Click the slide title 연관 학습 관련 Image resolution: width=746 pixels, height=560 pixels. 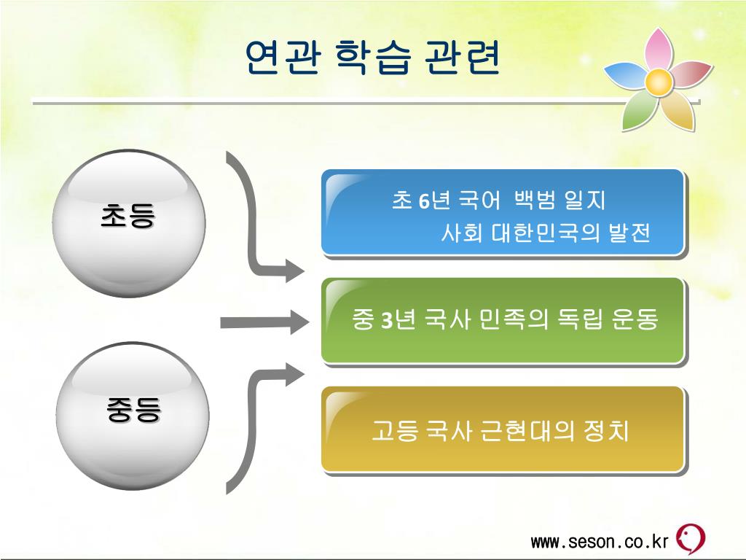pyautogui.click(x=372, y=58)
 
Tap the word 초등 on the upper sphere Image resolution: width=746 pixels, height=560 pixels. pyautogui.click(x=128, y=217)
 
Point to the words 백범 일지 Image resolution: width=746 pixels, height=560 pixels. pyautogui.click(x=559, y=200)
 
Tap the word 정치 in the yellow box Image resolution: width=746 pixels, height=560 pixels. pyautogui.click(x=607, y=430)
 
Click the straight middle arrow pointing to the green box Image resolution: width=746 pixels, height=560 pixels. pyautogui.click(x=262, y=321)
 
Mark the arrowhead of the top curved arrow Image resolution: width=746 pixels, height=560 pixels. pyautogui.click(x=294, y=271)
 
